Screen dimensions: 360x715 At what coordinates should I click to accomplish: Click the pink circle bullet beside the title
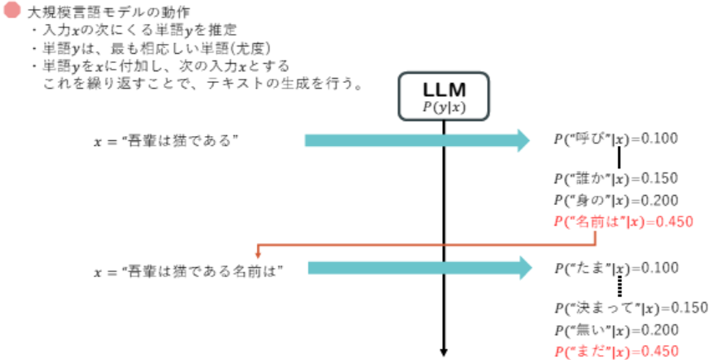point(12,13)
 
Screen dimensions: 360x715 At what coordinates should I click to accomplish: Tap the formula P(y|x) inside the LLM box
point(445,107)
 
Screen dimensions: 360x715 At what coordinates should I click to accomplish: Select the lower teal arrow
point(419,268)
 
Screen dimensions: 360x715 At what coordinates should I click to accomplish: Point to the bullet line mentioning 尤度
point(158,46)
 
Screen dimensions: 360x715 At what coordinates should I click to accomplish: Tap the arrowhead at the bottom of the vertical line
point(445,351)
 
